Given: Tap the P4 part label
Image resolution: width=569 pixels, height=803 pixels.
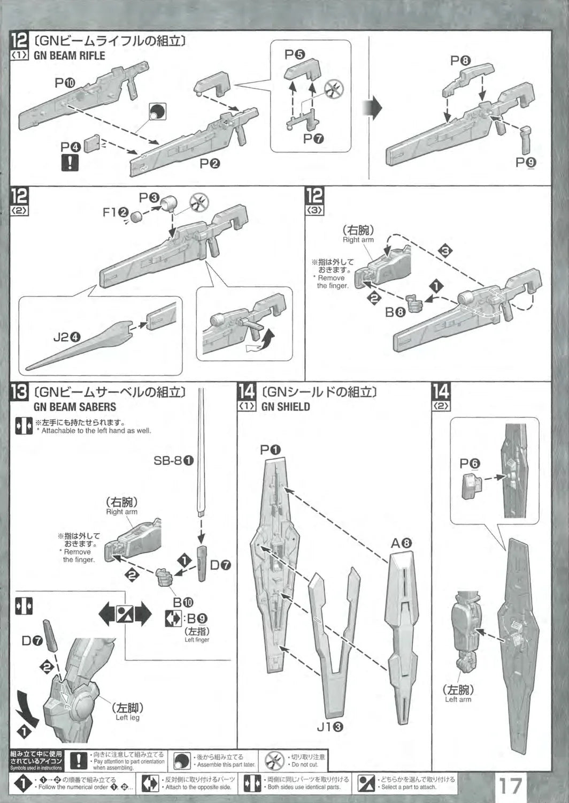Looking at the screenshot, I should pyautogui.click(x=71, y=146).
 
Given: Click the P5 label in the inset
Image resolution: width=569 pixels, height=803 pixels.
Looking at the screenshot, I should pyautogui.click(x=295, y=55).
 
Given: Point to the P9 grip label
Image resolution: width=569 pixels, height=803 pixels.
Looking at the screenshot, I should pyautogui.click(x=526, y=162).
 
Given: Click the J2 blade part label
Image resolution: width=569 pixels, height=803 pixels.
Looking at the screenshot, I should pyautogui.click(x=66, y=337).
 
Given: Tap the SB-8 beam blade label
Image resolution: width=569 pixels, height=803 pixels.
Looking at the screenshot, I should pyautogui.click(x=174, y=460).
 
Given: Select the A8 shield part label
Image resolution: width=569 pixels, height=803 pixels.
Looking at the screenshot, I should pyautogui.click(x=401, y=543).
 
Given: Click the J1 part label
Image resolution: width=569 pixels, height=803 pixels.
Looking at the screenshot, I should pyautogui.click(x=330, y=726).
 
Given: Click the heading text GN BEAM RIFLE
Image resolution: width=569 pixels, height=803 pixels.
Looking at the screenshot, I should pyautogui.click(x=70, y=55).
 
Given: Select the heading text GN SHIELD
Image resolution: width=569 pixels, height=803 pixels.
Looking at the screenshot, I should pyautogui.click(x=286, y=407).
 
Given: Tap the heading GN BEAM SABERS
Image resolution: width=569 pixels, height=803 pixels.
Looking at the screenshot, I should pyautogui.click(x=75, y=407).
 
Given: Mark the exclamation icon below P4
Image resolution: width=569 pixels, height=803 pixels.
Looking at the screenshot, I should pyautogui.click(x=70, y=162).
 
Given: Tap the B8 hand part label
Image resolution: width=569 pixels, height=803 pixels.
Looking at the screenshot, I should pyautogui.click(x=396, y=312).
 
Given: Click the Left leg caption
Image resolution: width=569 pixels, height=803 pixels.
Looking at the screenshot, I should pyautogui.click(x=128, y=717).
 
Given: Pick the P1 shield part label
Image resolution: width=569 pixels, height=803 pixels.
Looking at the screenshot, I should pyautogui.click(x=271, y=450).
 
